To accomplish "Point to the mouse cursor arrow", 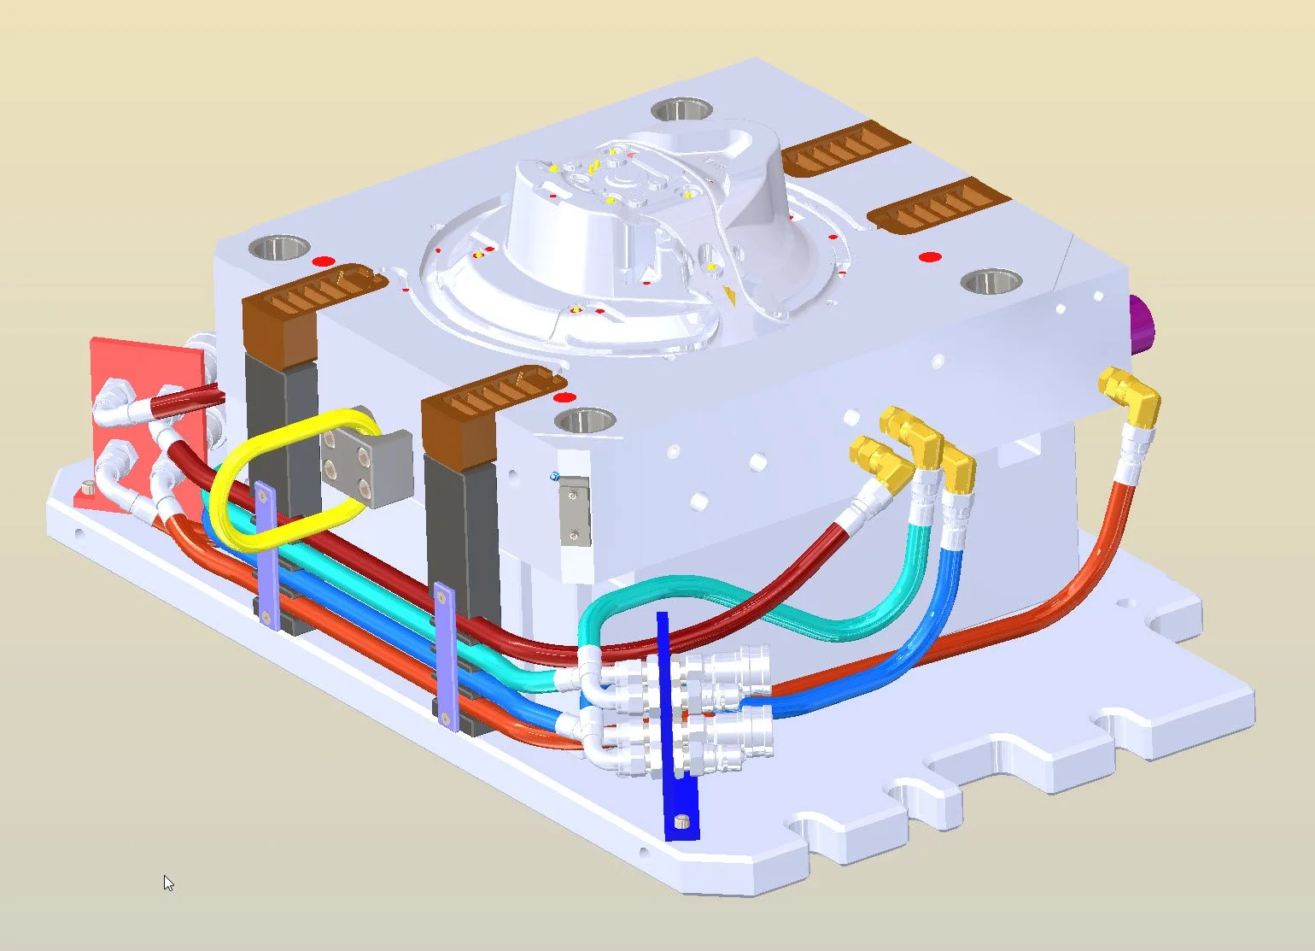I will (x=167, y=882).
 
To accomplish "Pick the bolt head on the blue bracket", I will (x=681, y=821).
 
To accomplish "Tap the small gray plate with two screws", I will (x=575, y=511).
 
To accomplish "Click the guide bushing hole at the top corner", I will (x=681, y=110).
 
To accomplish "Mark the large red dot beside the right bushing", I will (x=930, y=256).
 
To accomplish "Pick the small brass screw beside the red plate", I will (x=88, y=489).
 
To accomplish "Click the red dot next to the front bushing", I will (x=562, y=397).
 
